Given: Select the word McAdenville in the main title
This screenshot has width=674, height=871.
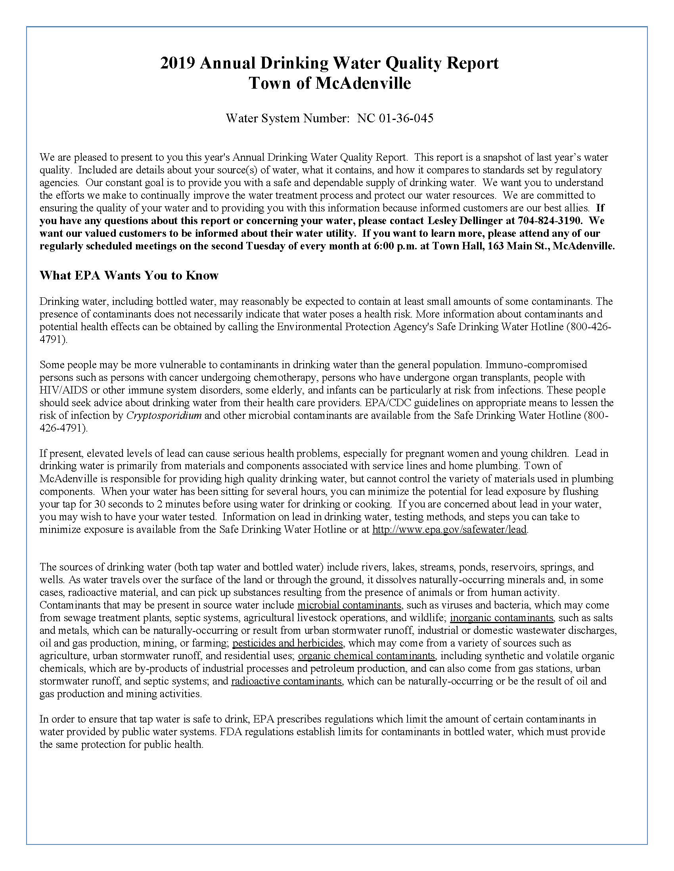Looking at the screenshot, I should (x=363, y=84).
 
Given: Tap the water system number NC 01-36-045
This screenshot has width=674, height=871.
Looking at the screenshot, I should (x=395, y=118).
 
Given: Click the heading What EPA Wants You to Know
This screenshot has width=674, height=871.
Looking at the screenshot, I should (x=129, y=276).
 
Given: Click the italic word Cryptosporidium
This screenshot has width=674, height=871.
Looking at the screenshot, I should (x=164, y=416).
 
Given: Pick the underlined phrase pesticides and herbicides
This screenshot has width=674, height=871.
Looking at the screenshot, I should (x=287, y=643).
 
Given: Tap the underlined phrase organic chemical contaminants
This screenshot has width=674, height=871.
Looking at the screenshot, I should (x=367, y=656).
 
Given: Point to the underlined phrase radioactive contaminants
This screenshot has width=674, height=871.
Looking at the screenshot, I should (x=286, y=681).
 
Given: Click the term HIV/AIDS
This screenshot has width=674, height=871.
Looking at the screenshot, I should (x=63, y=390).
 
